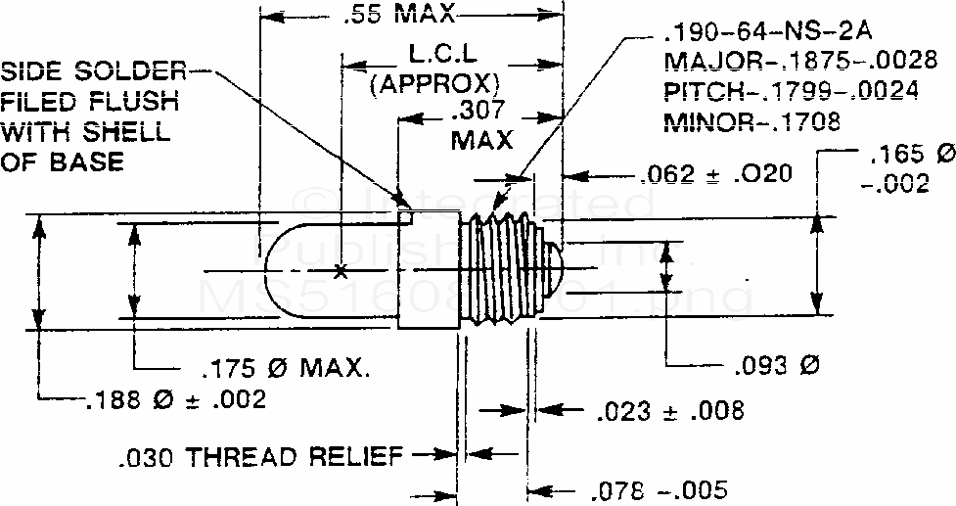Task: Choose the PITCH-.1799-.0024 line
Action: point(791,92)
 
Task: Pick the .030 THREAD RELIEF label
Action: point(261,455)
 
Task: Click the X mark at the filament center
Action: point(341,272)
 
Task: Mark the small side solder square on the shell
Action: point(404,204)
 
